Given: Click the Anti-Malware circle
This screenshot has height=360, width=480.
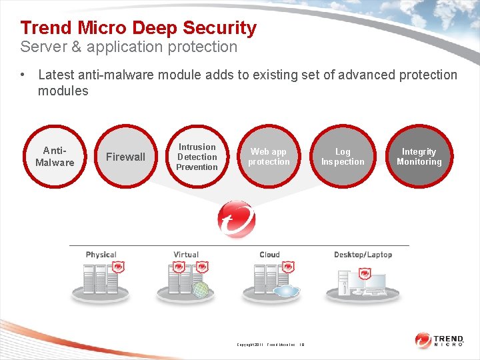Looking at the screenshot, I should point(55,157).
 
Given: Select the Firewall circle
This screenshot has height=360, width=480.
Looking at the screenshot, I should point(125,157).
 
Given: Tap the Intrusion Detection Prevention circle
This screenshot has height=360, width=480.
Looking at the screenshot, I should point(197,157).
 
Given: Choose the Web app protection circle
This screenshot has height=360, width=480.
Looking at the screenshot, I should point(269,157).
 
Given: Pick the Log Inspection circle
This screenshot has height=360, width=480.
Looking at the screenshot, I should point(343,157).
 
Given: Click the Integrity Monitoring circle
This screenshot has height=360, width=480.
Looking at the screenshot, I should point(419,157).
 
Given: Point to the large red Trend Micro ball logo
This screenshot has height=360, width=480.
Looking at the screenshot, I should point(237,219).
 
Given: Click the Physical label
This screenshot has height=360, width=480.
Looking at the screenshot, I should point(101,255).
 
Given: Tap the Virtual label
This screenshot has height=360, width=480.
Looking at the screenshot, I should point(186,255).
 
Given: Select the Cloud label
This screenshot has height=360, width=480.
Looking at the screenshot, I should point(270,255).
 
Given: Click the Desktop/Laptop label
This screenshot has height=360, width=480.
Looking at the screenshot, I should point(363,255).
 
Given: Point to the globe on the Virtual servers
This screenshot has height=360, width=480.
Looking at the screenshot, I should point(200,289).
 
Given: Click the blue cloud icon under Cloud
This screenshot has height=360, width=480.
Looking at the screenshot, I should point(286,291).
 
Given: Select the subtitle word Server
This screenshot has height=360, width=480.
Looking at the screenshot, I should point(41,47).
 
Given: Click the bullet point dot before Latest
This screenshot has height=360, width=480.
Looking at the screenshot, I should point(23,75).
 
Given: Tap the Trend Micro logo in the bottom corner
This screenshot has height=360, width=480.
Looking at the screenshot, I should point(439,341).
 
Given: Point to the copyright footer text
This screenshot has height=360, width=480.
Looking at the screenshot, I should point(270,345).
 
